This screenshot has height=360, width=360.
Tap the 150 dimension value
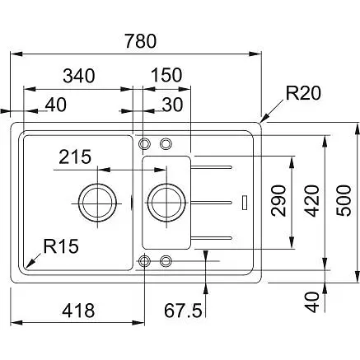[x=166, y=75]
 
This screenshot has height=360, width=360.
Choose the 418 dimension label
[x=76, y=310]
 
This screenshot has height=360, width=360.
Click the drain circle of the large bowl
[x=96, y=200]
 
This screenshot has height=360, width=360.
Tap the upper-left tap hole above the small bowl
[x=145, y=141]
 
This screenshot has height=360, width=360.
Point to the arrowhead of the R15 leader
[x=28, y=265]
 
